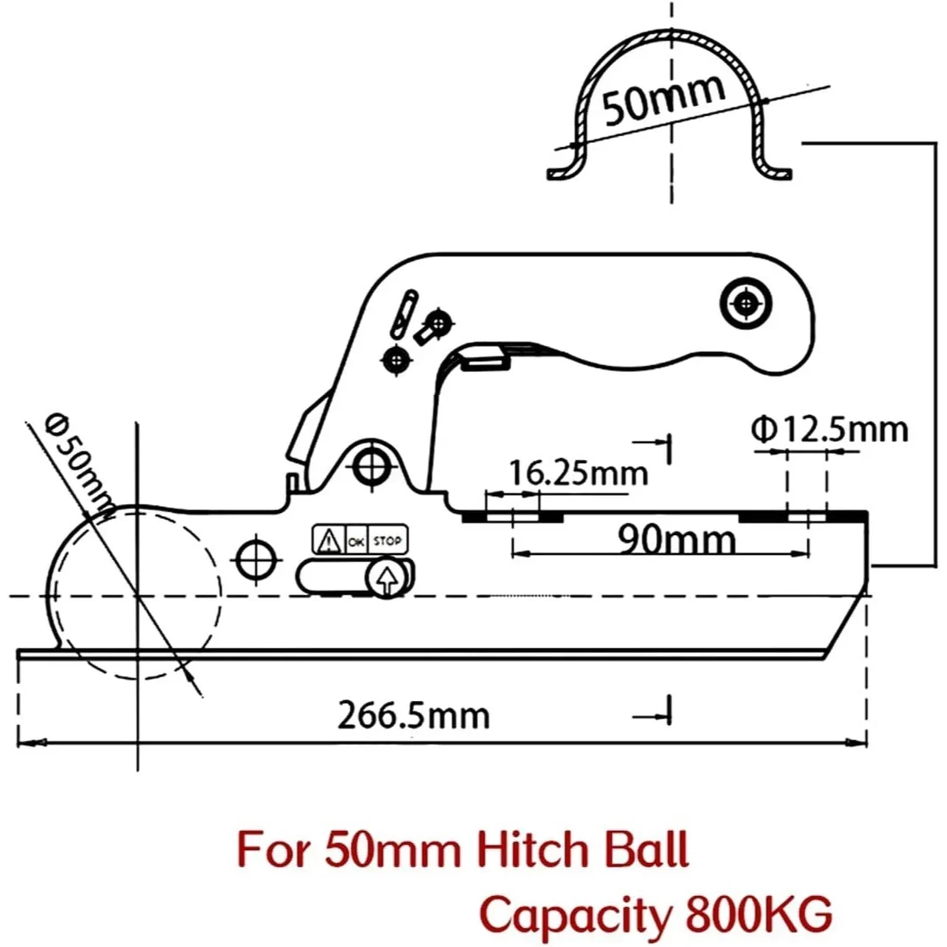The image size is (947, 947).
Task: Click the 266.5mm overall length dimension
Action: [413, 716]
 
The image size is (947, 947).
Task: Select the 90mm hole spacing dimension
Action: [677, 540]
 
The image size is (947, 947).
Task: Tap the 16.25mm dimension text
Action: [579, 472]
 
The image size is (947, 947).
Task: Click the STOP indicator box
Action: [387, 541]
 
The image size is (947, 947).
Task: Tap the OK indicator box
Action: [356, 542]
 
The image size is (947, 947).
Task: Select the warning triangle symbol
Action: [327, 542]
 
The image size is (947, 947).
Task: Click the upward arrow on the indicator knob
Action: [386, 578]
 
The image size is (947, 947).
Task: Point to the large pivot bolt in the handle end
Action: [746, 303]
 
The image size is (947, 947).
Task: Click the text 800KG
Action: [758, 915]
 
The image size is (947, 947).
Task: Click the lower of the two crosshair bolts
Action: [397, 360]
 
